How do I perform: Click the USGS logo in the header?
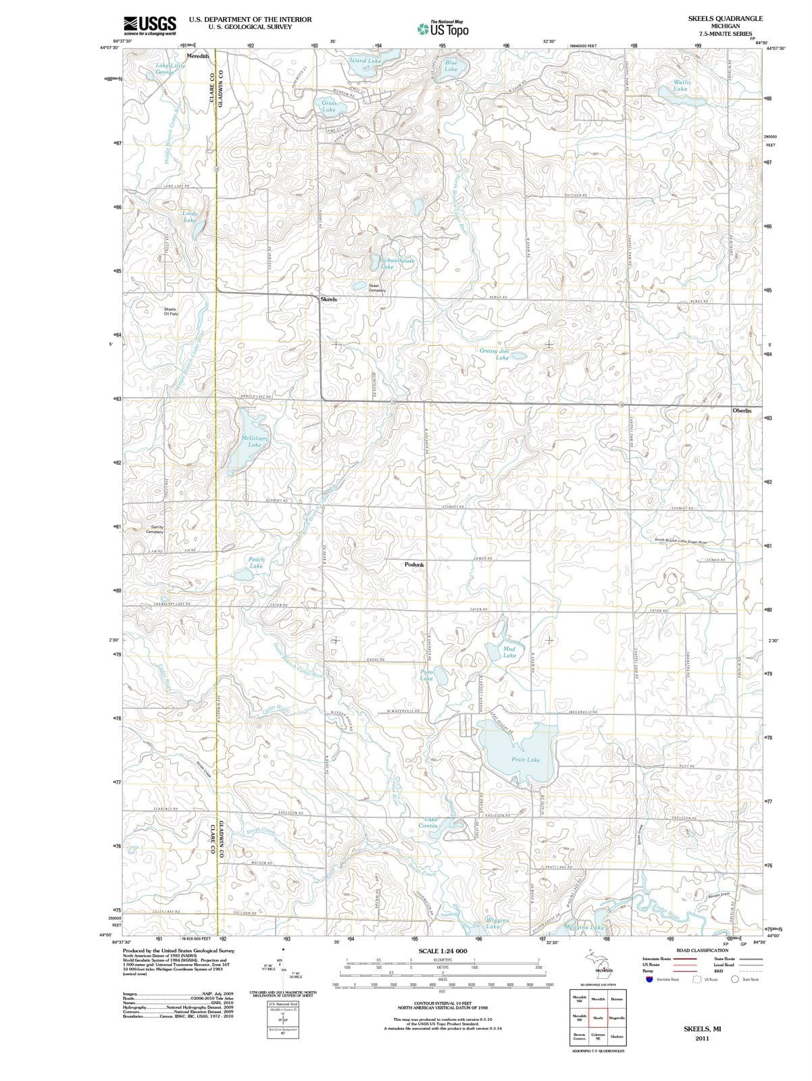(150, 26)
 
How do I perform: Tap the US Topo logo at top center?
(442, 28)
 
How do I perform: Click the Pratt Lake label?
(525, 759)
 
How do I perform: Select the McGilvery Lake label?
(255, 441)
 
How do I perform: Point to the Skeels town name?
(328, 299)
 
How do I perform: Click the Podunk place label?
(414, 564)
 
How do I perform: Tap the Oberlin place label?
(746, 411)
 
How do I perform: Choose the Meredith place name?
(198, 55)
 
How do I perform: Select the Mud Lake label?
(509, 652)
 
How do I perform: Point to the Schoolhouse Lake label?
(397, 263)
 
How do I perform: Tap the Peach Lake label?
(257, 563)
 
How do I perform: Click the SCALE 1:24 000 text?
(442, 951)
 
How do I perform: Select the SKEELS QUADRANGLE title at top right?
(725, 19)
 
